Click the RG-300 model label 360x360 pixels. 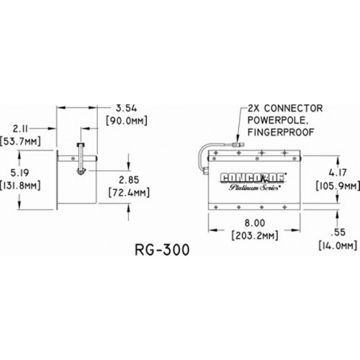(162, 250)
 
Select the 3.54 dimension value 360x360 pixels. (127, 109)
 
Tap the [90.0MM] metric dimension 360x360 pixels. (127, 121)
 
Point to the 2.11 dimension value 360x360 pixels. (20, 129)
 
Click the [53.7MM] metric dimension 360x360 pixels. (20, 141)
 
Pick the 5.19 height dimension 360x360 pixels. (20, 173)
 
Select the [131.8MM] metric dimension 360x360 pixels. (20, 185)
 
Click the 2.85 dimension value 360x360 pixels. (129, 180)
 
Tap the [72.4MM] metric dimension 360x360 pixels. (129, 192)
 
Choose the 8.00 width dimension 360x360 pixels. (255, 223)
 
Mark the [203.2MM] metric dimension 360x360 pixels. (255, 235)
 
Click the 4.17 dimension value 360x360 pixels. (338, 173)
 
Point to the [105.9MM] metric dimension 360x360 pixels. (338, 186)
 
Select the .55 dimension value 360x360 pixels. (338, 233)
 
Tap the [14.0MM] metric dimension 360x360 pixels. (338, 246)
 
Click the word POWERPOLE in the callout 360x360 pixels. (277, 120)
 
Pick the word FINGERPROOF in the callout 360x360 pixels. (281, 132)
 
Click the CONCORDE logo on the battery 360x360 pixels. (252, 178)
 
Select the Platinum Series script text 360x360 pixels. (253, 187)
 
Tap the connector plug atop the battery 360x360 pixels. (238, 145)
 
